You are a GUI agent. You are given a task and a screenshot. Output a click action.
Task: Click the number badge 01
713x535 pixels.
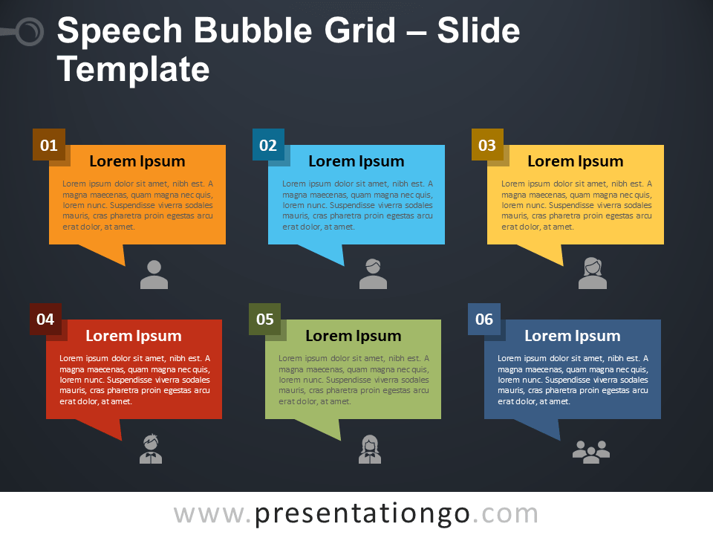[49, 145]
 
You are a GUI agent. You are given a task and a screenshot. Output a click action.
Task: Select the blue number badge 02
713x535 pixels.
[268, 145]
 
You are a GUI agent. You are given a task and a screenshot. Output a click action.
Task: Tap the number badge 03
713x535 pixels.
[487, 145]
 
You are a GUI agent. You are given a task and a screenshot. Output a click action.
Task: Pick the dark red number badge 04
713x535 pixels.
[45, 319]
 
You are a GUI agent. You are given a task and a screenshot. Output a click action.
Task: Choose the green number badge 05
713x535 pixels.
[264, 319]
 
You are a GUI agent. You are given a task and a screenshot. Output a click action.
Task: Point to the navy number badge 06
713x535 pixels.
[484, 319]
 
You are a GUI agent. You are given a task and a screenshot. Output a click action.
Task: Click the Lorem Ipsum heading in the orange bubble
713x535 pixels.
[137, 161]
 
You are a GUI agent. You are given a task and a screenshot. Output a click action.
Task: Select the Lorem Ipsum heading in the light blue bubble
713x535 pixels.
[356, 161]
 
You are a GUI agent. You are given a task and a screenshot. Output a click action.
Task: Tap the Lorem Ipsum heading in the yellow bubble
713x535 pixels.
[576, 161]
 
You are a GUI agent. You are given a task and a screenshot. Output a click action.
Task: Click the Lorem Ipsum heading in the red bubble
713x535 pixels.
[134, 336]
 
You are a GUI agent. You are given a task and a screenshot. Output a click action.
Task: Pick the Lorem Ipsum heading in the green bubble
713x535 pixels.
[354, 336]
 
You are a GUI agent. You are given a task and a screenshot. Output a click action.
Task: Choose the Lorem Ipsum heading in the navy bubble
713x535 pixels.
[573, 336]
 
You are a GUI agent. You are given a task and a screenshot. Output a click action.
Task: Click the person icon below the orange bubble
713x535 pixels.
[154, 275]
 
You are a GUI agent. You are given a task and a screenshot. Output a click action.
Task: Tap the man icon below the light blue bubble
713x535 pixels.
[374, 274]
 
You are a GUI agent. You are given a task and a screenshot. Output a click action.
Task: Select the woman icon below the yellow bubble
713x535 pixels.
[593, 273]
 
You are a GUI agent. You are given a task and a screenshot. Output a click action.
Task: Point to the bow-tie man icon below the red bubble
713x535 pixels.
[151, 449]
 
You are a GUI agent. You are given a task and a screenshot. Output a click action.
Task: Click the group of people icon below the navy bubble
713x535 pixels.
[591, 452]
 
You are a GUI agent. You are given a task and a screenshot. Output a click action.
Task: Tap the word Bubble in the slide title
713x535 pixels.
[255, 31]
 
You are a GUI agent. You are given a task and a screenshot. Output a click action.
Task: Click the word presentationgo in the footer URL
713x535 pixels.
[362, 514]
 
